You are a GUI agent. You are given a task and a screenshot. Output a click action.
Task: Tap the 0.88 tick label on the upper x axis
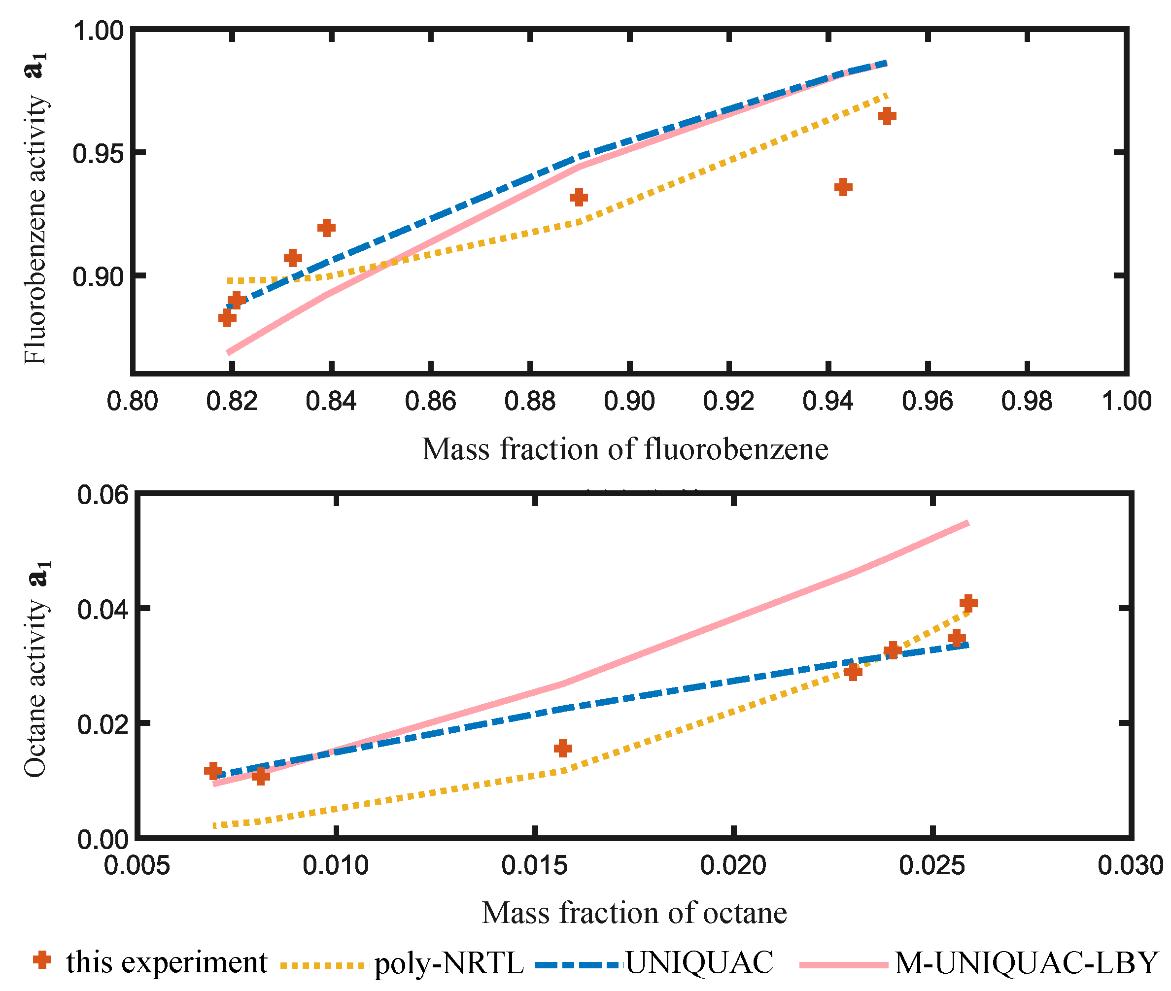pyautogui.click(x=529, y=401)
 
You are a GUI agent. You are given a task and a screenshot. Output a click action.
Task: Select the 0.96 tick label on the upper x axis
pyautogui.click(x=927, y=401)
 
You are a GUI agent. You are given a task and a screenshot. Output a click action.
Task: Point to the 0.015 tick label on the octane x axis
pyautogui.click(x=534, y=865)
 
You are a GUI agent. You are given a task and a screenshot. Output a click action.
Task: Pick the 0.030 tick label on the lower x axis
pyautogui.click(x=1130, y=865)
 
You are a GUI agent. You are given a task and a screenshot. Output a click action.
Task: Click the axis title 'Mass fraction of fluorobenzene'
pyautogui.click(x=625, y=449)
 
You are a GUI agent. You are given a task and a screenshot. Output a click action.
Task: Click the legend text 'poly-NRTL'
pyautogui.click(x=449, y=963)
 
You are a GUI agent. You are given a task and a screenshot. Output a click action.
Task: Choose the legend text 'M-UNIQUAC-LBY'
pyautogui.click(x=1026, y=963)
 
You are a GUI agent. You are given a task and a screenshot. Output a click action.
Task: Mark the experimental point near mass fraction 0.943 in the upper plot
pyautogui.click(x=843, y=187)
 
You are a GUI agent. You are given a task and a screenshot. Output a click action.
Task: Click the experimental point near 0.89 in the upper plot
pyautogui.click(x=579, y=197)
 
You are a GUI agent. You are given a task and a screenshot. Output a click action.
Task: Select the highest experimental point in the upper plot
pyautogui.click(x=887, y=116)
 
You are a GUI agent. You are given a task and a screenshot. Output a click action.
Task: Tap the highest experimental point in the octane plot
pyautogui.click(x=968, y=603)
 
